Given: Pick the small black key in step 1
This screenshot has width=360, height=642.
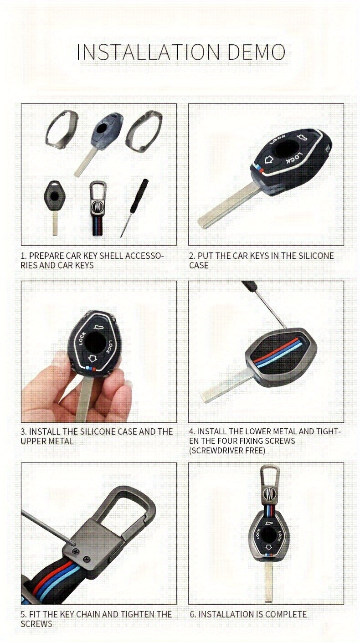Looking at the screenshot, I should pos(55,200).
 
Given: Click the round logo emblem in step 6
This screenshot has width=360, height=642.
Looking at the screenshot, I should pos(268,493).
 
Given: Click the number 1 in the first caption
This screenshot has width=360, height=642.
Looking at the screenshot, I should pos(22,256).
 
